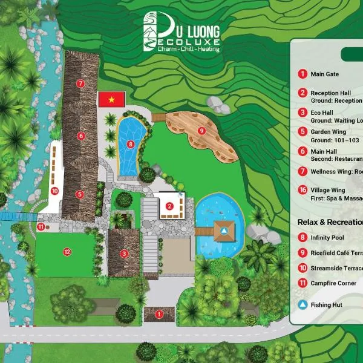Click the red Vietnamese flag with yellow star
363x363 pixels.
[111, 98]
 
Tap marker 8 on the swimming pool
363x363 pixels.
[131, 144]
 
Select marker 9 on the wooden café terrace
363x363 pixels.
[202, 130]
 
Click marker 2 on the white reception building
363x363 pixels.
[170, 206]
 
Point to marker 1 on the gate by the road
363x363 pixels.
[159, 313]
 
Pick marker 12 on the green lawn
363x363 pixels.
[67, 251]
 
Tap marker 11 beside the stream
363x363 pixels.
[41, 227]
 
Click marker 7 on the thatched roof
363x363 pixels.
[80, 82]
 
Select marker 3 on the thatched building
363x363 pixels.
[123, 253]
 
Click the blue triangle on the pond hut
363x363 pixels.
[224, 231]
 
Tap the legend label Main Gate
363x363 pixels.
[324, 74]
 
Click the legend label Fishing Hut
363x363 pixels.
[327, 305]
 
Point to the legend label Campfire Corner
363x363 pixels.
[333, 283]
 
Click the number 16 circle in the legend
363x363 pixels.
[302, 190]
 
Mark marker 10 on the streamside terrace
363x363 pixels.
[54, 191]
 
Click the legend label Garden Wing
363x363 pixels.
[328, 131]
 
